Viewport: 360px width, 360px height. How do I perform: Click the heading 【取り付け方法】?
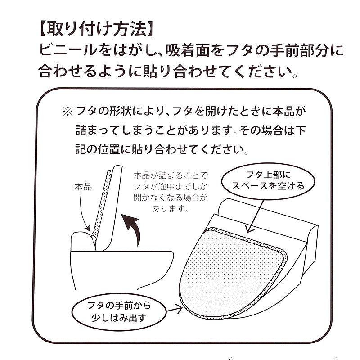click(x=95, y=29)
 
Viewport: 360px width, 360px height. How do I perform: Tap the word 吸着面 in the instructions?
click(x=187, y=50)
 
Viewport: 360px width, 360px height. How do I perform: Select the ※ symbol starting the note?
click(x=68, y=112)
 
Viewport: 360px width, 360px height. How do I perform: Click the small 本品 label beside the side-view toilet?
click(x=83, y=187)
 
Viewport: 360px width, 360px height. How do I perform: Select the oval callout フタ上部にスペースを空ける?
click(x=268, y=181)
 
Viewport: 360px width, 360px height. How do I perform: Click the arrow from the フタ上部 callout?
click(x=256, y=216)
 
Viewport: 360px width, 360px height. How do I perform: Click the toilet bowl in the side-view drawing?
click(x=121, y=269)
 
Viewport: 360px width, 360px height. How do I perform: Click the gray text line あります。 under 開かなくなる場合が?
click(x=170, y=209)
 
